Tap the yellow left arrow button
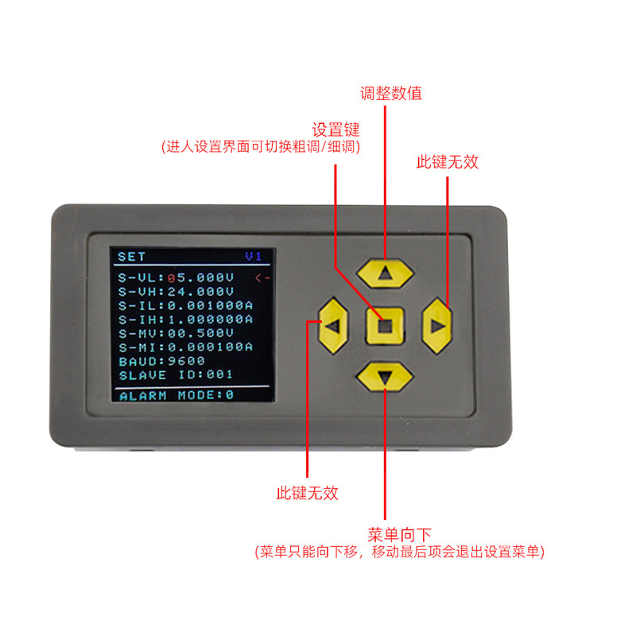tap(333, 326)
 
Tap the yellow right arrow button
tap(436, 326)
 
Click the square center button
tap(385, 326)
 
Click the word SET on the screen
tap(131, 256)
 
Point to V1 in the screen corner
tap(253, 256)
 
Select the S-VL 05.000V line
tap(176, 277)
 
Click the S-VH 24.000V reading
tap(176, 292)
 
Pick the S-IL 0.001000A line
tap(185, 305)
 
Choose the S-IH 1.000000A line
tap(185, 320)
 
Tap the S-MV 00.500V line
tap(176, 333)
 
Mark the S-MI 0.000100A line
tap(185, 347)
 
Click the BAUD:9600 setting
tap(162, 361)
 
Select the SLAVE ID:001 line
tap(176, 374)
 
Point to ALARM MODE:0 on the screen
tap(176, 394)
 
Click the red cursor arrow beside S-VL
tap(263, 277)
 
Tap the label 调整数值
tap(391, 93)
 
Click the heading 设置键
tap(335, 130)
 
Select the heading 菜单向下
tap(399, 534)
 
